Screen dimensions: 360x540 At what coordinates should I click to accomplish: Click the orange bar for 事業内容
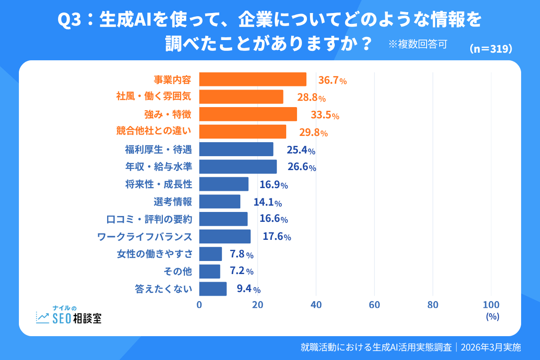tap(252, 79)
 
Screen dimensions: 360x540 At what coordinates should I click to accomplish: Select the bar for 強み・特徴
tap(248, 114)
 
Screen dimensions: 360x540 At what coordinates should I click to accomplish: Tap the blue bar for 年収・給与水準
tap(238, 166)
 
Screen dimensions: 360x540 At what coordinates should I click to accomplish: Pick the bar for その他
tap(210, 271)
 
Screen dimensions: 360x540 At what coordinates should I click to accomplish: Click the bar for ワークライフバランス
tap(225, 236)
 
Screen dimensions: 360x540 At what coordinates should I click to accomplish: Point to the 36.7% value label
tap(332, 81)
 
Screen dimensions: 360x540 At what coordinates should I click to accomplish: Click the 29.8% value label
tap(313, 133)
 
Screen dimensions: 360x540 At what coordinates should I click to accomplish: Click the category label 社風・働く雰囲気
tap(154, 97)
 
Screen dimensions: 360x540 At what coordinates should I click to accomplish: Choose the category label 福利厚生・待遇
tap(158, 149)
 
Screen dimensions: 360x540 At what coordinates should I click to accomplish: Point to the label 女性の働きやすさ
tap(154, 254)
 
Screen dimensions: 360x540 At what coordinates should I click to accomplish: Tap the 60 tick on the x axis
tap(374, 305)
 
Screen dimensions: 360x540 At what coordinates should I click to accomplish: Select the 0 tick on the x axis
tap(199, 305)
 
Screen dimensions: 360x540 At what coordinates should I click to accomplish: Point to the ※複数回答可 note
tap(417, 44)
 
